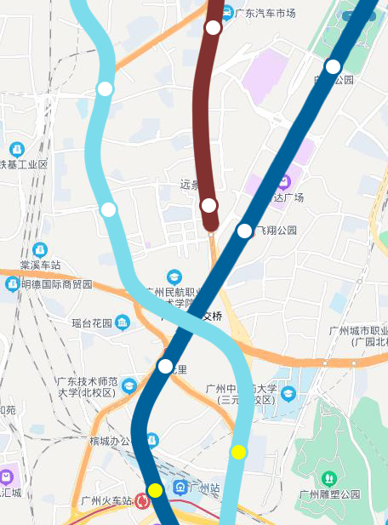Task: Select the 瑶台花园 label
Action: (x=93, y=323)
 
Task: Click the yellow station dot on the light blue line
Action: (x=238, y=452)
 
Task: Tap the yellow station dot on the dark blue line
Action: (x=155, y=490)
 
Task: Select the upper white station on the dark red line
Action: (x=213, y=28)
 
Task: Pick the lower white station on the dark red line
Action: (x=208, y=205)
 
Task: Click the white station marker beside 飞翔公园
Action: (x=244, y=231)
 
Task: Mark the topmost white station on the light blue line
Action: (x=106, y=88)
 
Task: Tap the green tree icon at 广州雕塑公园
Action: (x=330, y=478)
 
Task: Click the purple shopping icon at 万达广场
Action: (x=286, y=181)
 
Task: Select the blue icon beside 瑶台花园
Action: (x=123, y=322)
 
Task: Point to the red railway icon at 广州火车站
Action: (x=142, y=501)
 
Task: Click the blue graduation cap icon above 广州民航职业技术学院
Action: (x=174, y=277)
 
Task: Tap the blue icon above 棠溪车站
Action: (x=39, y=249)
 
